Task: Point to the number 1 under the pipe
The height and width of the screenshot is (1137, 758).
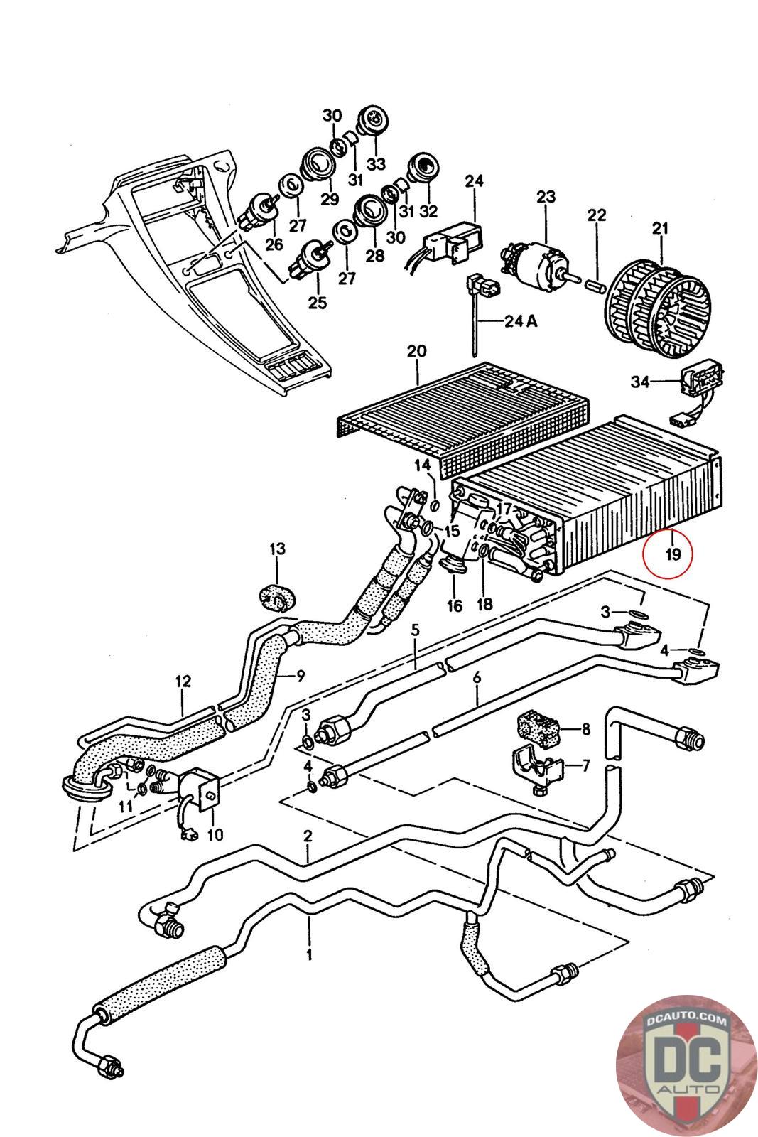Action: pyautogui.click(x=309, y=953)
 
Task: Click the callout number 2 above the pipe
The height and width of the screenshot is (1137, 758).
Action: pyautogui.click(x=308, y=836)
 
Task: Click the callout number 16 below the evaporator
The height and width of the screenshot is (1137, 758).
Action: pyautogui.click(x=454, y=605)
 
